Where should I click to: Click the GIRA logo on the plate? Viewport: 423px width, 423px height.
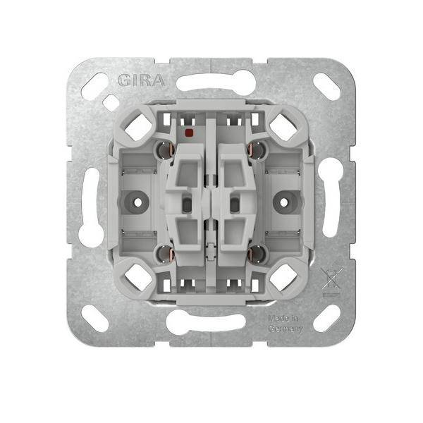coord(145,78)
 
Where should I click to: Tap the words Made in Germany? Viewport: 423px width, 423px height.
coord(286,324)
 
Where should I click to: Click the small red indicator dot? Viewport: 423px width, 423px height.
coord(188,132)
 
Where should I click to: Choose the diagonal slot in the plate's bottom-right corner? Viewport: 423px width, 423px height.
coord(326,318)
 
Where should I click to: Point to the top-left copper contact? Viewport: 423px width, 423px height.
coord(163,149)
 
